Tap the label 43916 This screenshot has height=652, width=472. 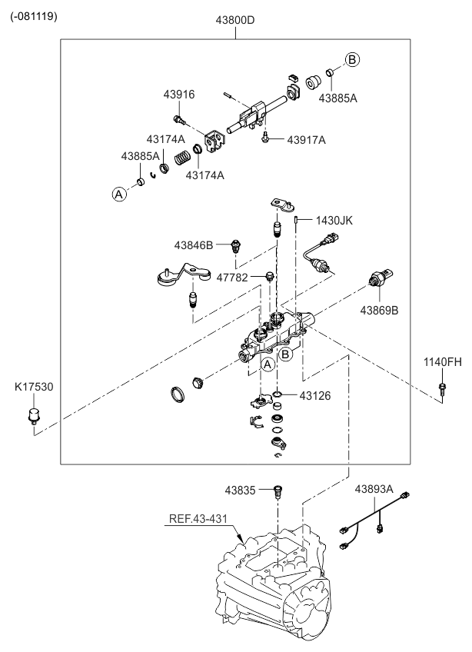pyautogui.click(x=178, y=95)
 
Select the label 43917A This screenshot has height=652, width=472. pyautogui.click(x=306, y=140)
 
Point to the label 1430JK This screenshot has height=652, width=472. pyautogui.click(x=334, y=220)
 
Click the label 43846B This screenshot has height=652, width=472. pyautogui.click(x=193, y=245)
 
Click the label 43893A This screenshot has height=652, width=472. pyautogui.click(x=374, y=489)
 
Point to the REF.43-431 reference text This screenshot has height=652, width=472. pyautogui.click(x=198, y=518)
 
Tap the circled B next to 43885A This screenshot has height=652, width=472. pyautogui.click(x=351, y=59)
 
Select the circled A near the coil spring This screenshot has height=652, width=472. pyautogui.click(x=119, y=195)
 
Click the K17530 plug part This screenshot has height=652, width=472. pyautogui.click(x=34, y=419)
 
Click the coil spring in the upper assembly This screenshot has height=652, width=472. pyautogui.click(x=182, y=158)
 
